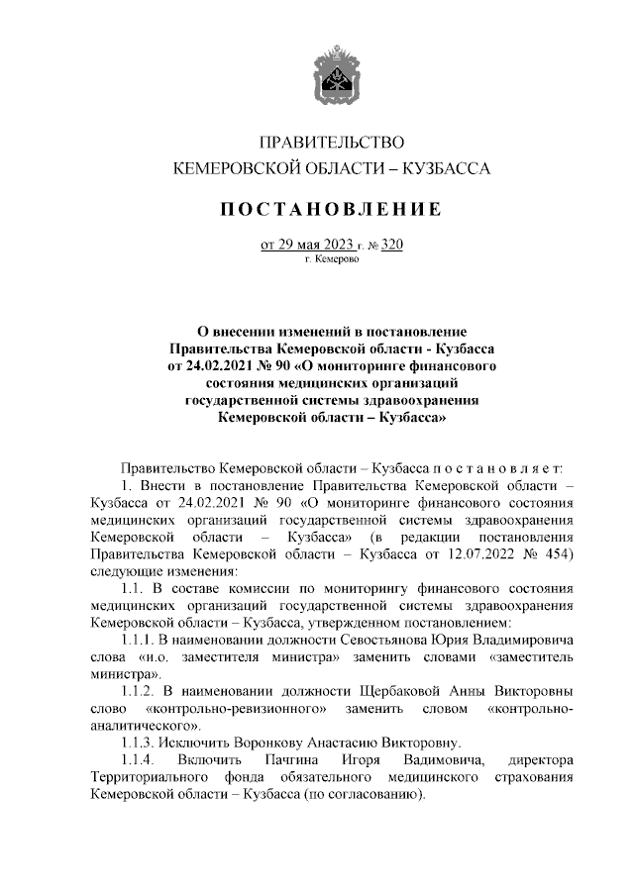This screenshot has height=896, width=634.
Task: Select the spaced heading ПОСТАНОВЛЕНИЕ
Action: pos(331,210)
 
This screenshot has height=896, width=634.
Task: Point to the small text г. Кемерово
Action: pos(332,259)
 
